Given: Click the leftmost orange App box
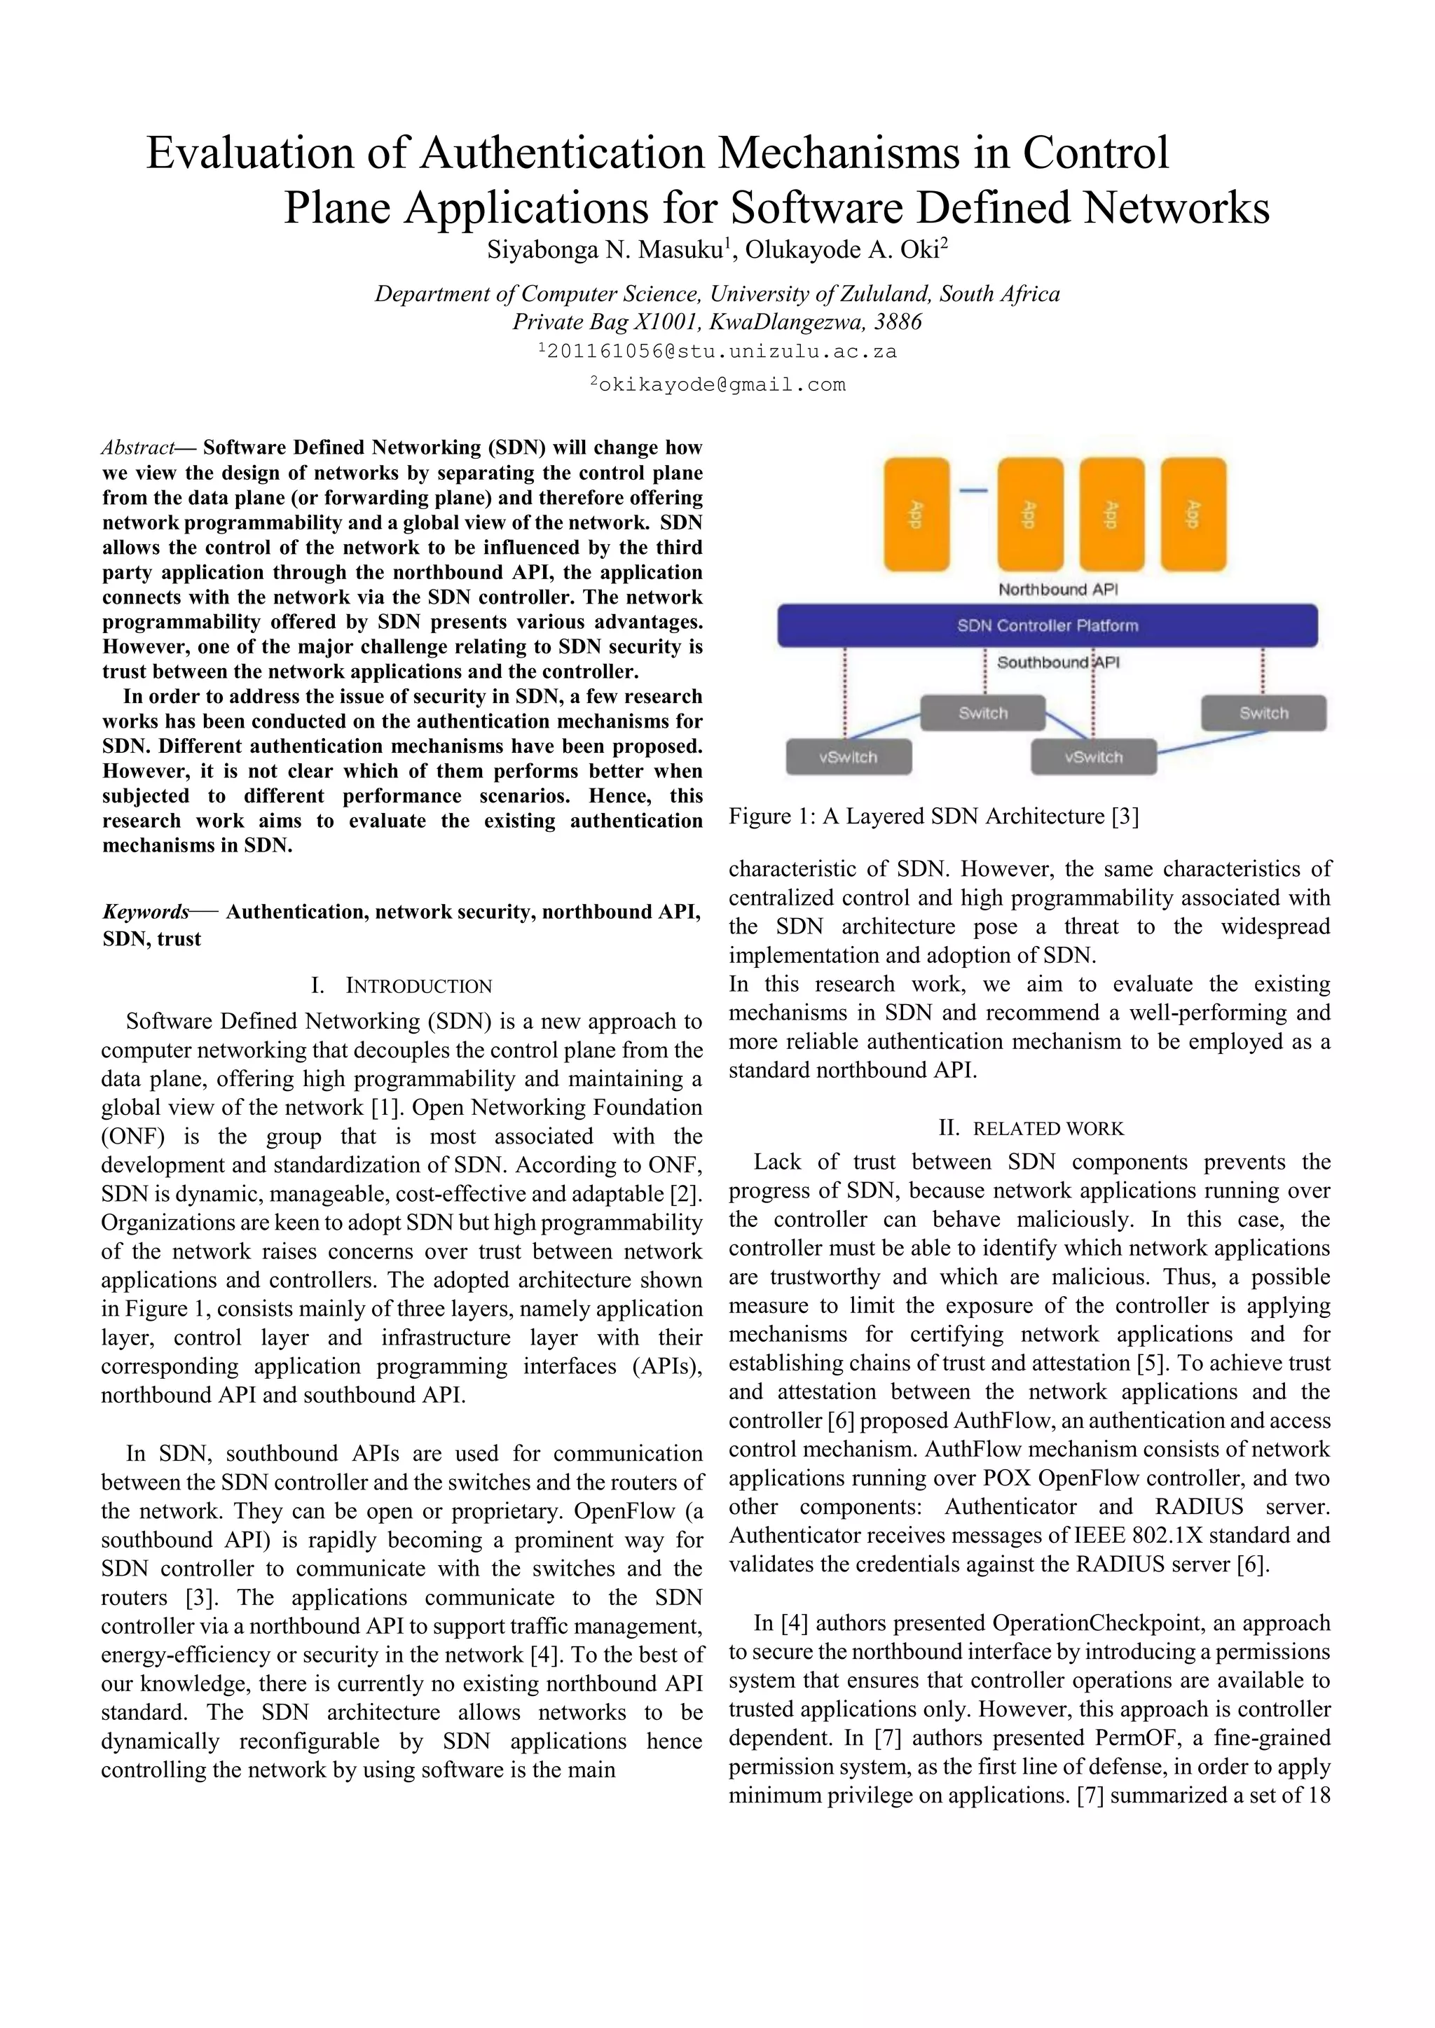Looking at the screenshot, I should click(x=916, y=514).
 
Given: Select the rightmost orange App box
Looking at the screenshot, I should click(x=1193, y=514).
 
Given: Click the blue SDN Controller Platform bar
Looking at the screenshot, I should click(x=1047, y=625).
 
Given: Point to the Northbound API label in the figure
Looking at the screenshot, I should click(x=1058, y=589).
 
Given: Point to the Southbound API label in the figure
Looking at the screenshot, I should click(x=1058, y=662).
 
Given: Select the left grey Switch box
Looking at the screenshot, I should click(x=982, y=713).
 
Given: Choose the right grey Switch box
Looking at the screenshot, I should click(x=1263, y=713).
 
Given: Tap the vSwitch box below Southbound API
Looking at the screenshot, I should click(x=1093, y=757).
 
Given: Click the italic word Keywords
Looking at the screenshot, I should click(x=146, y=912).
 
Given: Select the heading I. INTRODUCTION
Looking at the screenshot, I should click(x=401, y=986).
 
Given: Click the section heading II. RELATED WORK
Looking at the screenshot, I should click(x=1030, y=1129).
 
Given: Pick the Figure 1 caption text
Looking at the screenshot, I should click(x=933, y=816).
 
